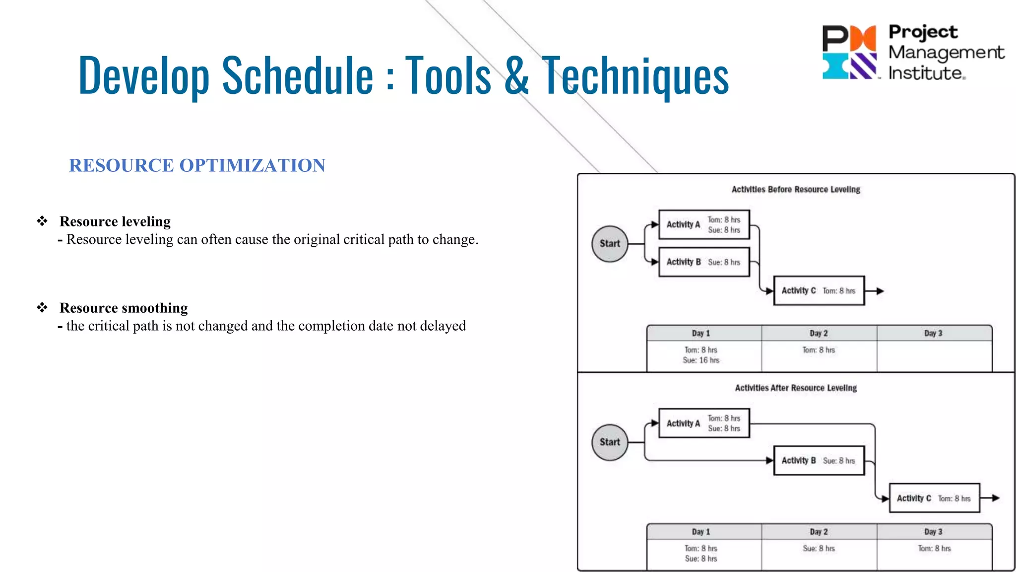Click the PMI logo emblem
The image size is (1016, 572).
tap(849, 52)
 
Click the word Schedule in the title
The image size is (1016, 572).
tap(298, 75)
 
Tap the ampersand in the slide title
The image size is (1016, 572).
tap(516, 75)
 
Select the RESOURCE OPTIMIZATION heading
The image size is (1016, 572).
tap(197, 165)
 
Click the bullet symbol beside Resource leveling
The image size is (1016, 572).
tap(42, 221)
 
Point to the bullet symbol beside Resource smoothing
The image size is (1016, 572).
tap(42, 308)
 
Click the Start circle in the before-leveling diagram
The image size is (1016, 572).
tap(610, 244)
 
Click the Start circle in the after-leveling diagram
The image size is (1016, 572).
tap(610, 442)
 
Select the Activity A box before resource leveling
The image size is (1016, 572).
tap(704, 224)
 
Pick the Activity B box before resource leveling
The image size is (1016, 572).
tap(704, 262)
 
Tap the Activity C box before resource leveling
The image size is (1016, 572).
tap(819, 290)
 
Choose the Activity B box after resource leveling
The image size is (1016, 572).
tap(819, 461)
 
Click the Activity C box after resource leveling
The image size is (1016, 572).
tap(934, 498)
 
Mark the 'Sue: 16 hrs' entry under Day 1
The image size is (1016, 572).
tap(701, 360)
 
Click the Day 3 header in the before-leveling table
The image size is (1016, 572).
tap(933, 333)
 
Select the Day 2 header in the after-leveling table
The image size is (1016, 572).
tap(819, 532)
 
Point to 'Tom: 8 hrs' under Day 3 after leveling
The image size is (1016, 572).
tap(934, 549)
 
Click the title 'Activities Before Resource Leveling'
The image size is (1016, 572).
tap(796, 190)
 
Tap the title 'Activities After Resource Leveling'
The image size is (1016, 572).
tap(796, 388)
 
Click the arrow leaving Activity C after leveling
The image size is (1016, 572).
tap(990, 498)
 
